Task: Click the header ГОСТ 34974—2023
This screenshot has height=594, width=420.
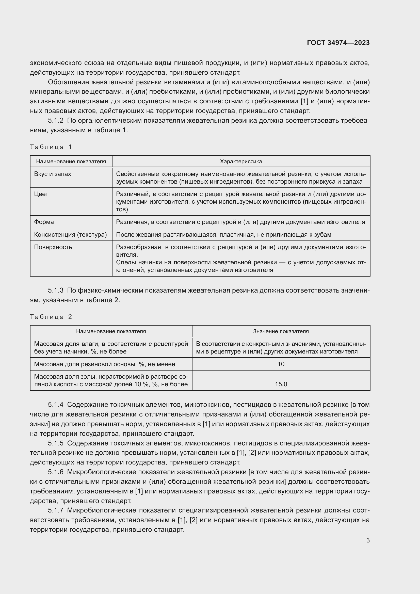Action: point(338,43)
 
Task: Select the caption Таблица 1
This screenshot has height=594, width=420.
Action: point(51,147)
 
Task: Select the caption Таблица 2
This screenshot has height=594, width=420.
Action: point(51,317)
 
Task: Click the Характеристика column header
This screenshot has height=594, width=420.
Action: point(241,162)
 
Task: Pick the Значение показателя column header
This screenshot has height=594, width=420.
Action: point(281,331)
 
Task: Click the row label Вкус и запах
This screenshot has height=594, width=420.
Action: point(53,174)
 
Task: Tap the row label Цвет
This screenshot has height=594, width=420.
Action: point(41,194)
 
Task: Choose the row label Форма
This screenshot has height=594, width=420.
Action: point(44,222)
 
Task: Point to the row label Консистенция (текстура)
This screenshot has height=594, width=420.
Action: point(70,235)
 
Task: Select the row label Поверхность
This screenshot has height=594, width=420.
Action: point(53,247)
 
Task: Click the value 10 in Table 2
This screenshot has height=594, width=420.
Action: point(281,364)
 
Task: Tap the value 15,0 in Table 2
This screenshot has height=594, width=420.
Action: point(281,384)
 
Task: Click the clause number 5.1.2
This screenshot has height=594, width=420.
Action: point(56,121)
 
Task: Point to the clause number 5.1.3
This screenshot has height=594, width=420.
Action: point(56,291)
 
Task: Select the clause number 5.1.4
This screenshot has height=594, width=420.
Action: point(56,405)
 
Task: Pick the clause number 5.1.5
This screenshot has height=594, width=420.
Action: point(56,443)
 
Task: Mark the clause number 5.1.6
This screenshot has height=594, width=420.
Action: point(56,472)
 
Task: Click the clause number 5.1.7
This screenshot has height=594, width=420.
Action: point(56,510)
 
